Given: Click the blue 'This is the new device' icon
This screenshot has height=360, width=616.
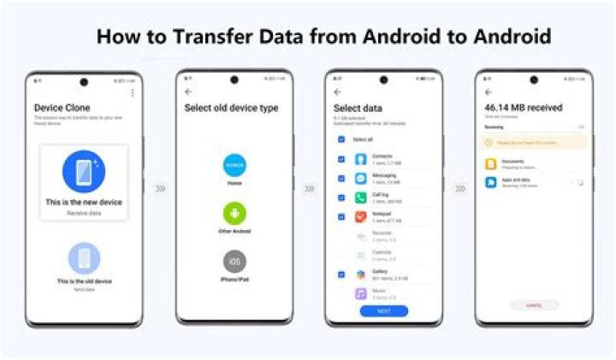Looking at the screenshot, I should (84, 171).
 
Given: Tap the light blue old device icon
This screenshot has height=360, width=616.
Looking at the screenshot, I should (84, 257).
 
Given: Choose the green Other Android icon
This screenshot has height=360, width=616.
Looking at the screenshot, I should (234, 214).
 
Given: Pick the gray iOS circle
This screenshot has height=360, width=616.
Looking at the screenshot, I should (234, 261).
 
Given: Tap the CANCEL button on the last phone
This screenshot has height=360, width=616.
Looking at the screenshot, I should (534, 304).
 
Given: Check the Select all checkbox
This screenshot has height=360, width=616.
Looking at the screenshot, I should (341, 139).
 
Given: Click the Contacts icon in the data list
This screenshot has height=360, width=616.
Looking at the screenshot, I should (361, 159).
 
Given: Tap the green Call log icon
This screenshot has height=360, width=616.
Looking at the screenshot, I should (361, 198).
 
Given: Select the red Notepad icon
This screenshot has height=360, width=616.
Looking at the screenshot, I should (361, 217).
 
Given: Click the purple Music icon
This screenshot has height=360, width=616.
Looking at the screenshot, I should (361, 293).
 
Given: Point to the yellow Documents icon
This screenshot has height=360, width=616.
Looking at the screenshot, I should (491, 163).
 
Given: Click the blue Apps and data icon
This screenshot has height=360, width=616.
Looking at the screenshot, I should (491, 183).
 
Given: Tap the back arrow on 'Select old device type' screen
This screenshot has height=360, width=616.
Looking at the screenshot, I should (188, 91).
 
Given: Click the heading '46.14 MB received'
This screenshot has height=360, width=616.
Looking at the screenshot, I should (523, 109).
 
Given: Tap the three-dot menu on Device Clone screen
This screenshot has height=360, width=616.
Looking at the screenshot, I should (133, 92).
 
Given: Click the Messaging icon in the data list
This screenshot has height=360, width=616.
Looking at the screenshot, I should (361, 179).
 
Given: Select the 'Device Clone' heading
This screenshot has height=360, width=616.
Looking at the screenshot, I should (62, 108).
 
